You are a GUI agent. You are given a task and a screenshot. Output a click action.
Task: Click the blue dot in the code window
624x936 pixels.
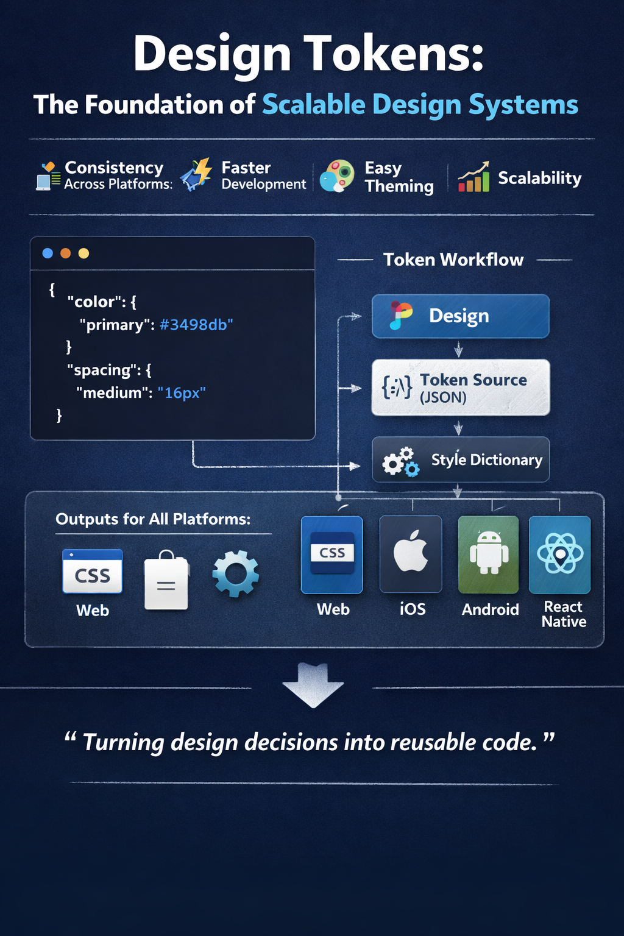48,253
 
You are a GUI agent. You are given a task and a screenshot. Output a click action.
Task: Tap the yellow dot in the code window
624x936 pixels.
83,253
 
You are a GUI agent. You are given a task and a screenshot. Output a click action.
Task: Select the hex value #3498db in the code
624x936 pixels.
196,324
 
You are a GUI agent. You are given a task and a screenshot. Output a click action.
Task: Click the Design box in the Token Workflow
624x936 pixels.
460,316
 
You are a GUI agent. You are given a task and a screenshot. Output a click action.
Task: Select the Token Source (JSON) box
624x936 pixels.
461,388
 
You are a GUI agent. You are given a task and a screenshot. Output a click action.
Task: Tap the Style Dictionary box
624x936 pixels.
461,459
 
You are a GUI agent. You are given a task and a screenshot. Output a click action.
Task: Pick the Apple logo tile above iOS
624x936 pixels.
411,555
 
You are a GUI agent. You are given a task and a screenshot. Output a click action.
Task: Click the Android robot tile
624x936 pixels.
489,555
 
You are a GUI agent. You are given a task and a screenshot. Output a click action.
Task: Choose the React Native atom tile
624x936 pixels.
559,555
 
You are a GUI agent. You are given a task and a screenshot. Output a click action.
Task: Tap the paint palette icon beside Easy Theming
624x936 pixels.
337,176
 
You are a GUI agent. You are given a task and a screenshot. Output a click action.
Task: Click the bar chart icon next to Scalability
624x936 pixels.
473,177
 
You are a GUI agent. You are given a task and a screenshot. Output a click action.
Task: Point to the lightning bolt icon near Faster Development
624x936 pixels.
196,174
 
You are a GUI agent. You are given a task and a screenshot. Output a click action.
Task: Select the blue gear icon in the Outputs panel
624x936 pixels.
236,573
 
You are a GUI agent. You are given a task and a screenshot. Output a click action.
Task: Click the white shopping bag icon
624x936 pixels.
166,580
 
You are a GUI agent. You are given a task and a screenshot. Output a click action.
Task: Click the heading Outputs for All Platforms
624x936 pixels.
153,519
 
